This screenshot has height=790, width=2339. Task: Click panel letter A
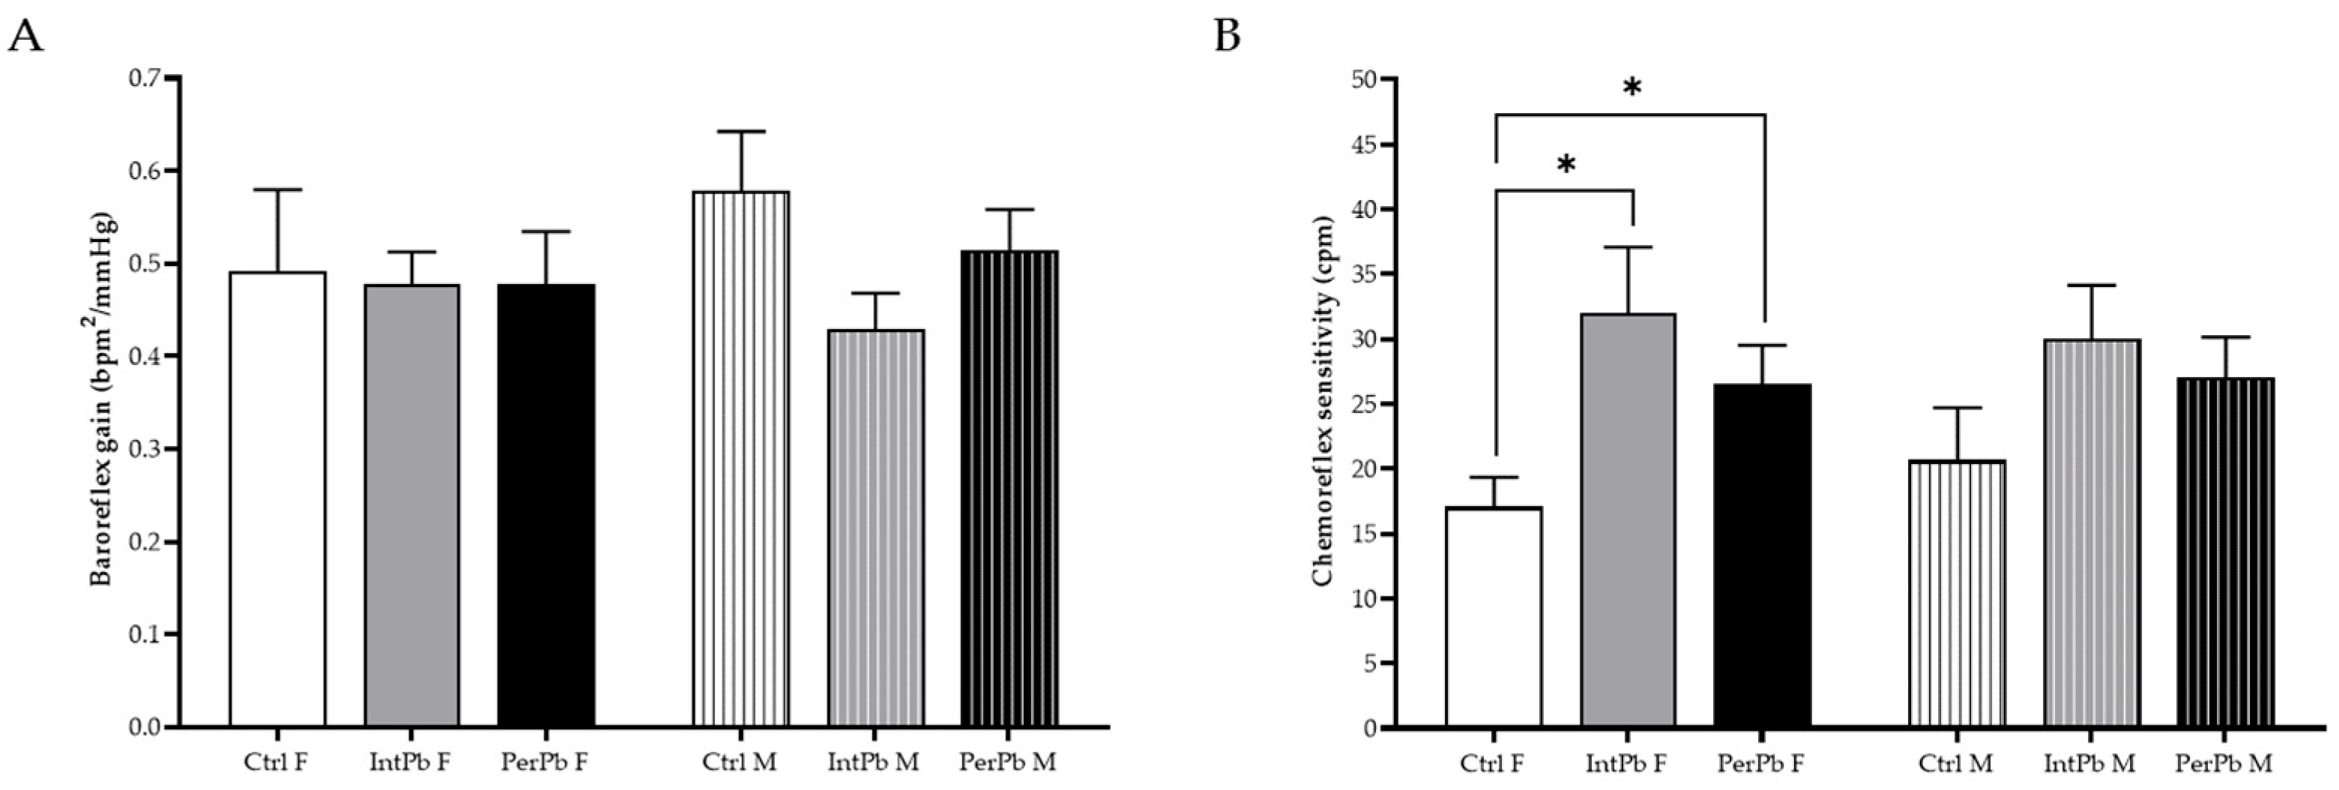coord(25,38)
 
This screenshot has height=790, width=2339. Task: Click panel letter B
coord(1228,38)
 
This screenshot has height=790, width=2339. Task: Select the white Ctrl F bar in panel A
coord(277,499)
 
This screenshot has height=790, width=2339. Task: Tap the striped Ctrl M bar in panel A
coord(741,459)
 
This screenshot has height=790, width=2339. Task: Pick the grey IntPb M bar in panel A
coord(876,528)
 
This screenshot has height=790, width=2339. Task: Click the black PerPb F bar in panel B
coord(1763,555)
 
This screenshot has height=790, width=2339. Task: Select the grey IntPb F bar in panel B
coord(1628,520)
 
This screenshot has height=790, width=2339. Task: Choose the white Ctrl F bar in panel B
coord(1494,618)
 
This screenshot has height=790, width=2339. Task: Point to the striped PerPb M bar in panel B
coord(2226,552)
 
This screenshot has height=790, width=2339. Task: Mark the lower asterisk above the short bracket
coord(1566,164)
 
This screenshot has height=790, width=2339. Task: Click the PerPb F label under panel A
coord(545,761)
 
